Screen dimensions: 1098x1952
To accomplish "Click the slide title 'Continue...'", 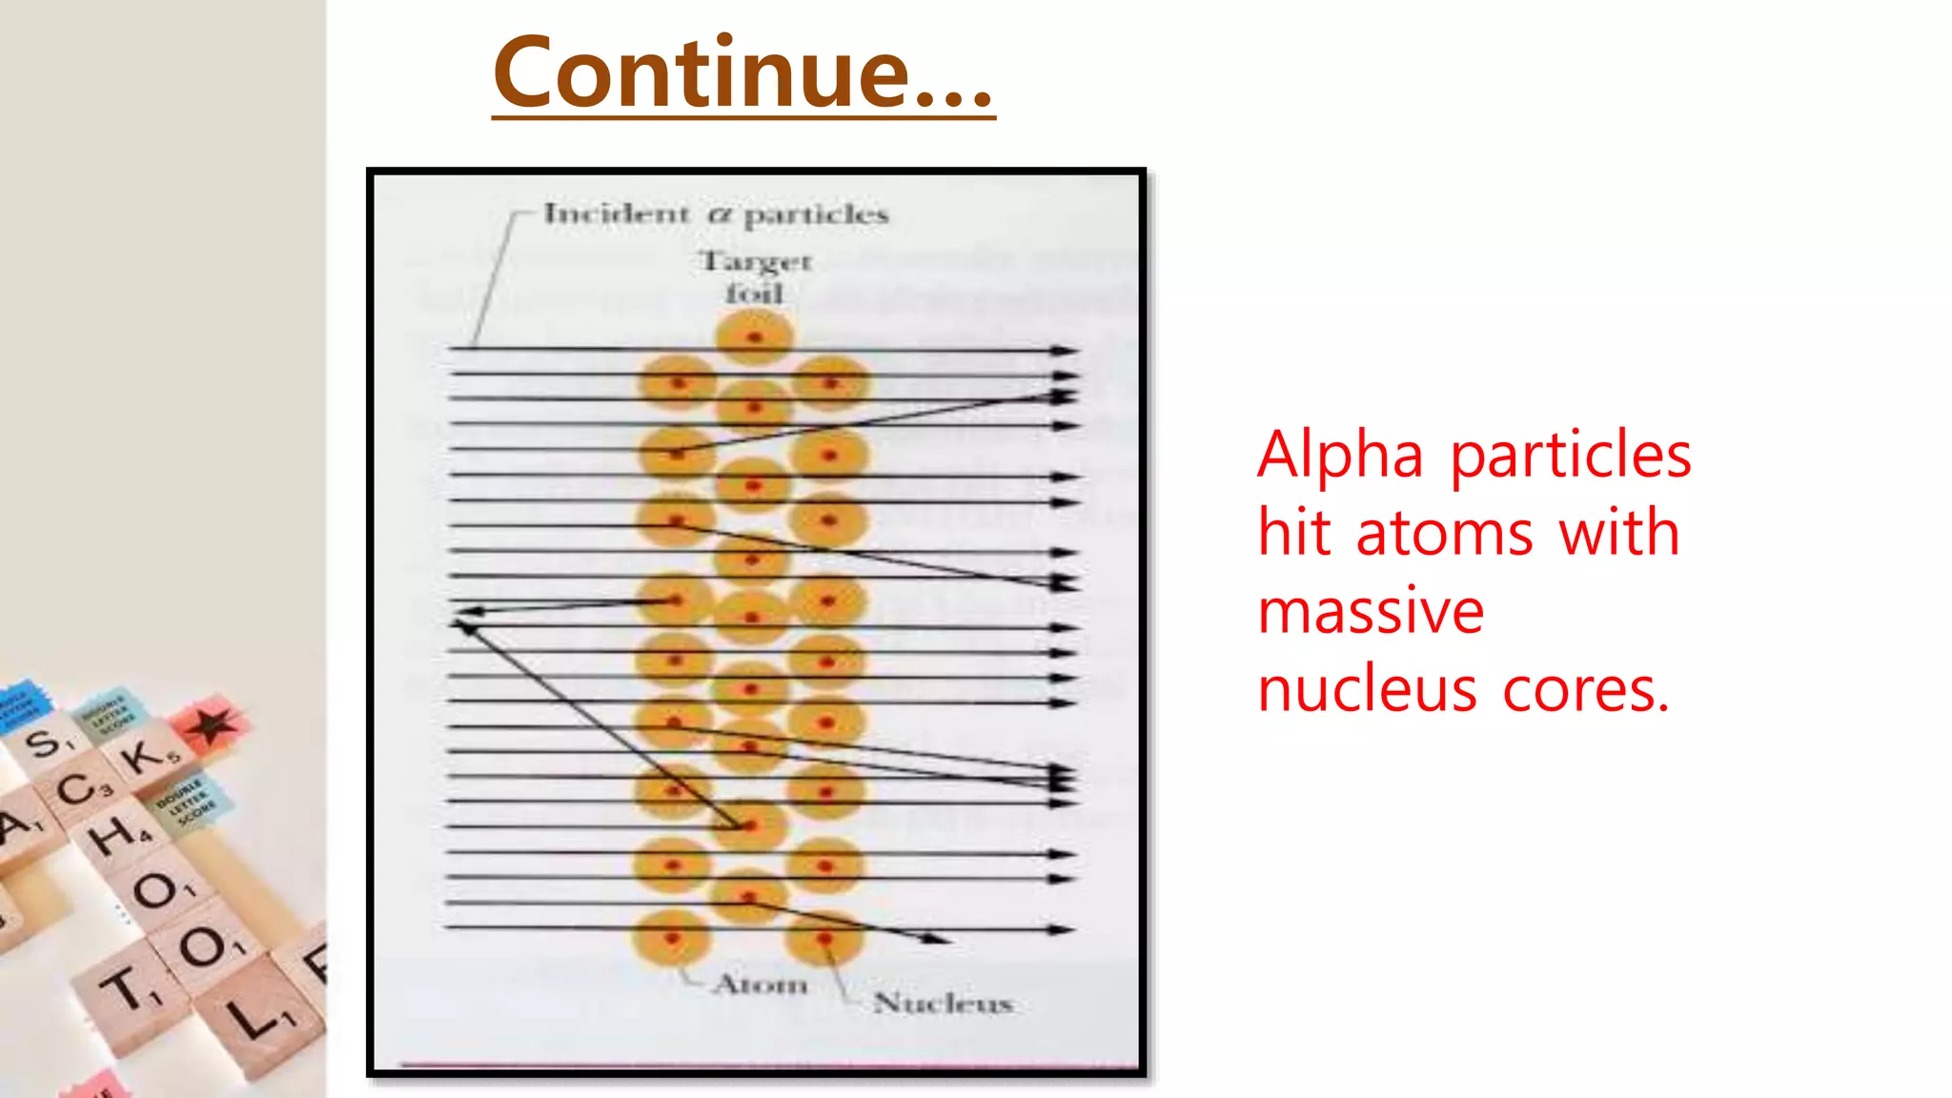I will pyautogui.click(x=743, y=72).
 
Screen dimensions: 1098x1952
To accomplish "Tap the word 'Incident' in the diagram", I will pyautogui.click(x=616, y=213).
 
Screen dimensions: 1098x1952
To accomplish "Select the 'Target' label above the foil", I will pyautogui.click(x=755, y=260).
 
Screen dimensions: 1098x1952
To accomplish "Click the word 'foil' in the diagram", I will pyautogui.click(x=754, y=294).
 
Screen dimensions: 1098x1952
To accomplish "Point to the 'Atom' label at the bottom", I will pyautogui.click(x=761, y=984).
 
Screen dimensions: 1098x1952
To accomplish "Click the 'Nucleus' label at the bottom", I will pyautogui.click(x=943, y=1003).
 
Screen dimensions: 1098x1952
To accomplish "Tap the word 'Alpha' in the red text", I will pyautogui.click(x=1340, y=455).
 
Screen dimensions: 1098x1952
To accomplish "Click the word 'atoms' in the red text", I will pyautogui.click(x=1445, y=533).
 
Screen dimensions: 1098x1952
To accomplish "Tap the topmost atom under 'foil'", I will pyautogui.click(x=754, y=337).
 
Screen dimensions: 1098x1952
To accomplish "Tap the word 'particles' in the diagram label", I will pyautogui.click(x=815, y=215).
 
